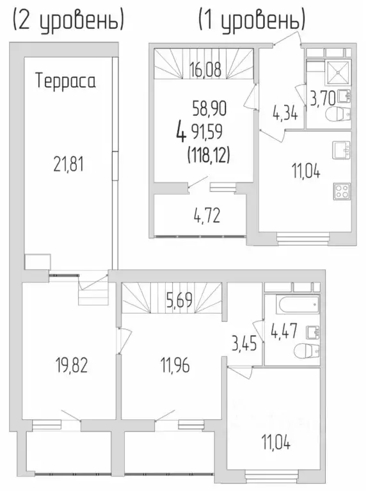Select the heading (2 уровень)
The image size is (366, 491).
coord(67,20)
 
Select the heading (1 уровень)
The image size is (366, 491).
coord(251,20)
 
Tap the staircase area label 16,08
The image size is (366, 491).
coord(205,70)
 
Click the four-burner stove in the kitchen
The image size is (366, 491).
coord(341,191)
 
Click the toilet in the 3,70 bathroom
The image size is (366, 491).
coord(337,116)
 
